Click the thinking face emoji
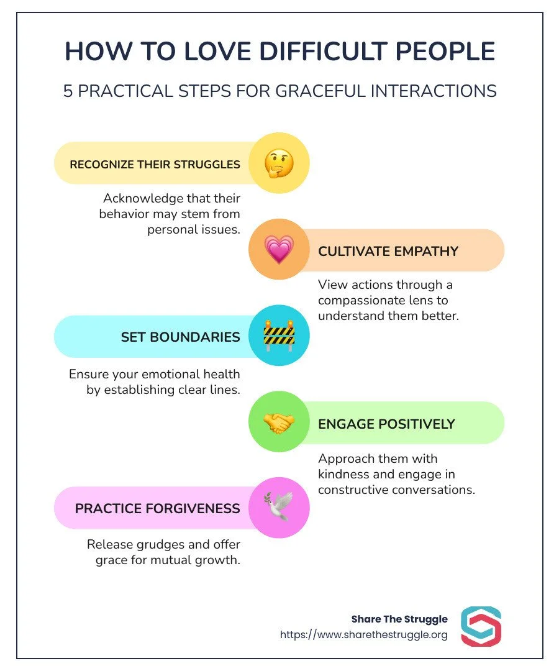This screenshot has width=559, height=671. (x=279, y=163)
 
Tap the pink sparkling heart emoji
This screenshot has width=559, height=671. (x=279, y=250)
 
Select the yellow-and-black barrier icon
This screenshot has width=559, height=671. (x=279, y=336)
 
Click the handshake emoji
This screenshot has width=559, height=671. (x=279, y=423)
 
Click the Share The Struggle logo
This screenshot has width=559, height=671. (x=481, y=626)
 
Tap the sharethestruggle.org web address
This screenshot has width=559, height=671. (x=363, y=635)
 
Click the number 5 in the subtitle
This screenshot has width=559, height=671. (x=69, y=91)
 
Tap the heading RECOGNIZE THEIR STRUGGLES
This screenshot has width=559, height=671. (x=155, y=165)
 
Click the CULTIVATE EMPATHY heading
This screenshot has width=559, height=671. (x=388, y=251)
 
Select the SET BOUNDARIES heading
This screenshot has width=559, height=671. (x=180, y=337)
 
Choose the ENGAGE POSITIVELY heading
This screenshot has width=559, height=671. (x=386, y=424)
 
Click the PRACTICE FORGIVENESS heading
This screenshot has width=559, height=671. (x=157, y=509)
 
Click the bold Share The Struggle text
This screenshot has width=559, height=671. (x=399, y=619)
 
